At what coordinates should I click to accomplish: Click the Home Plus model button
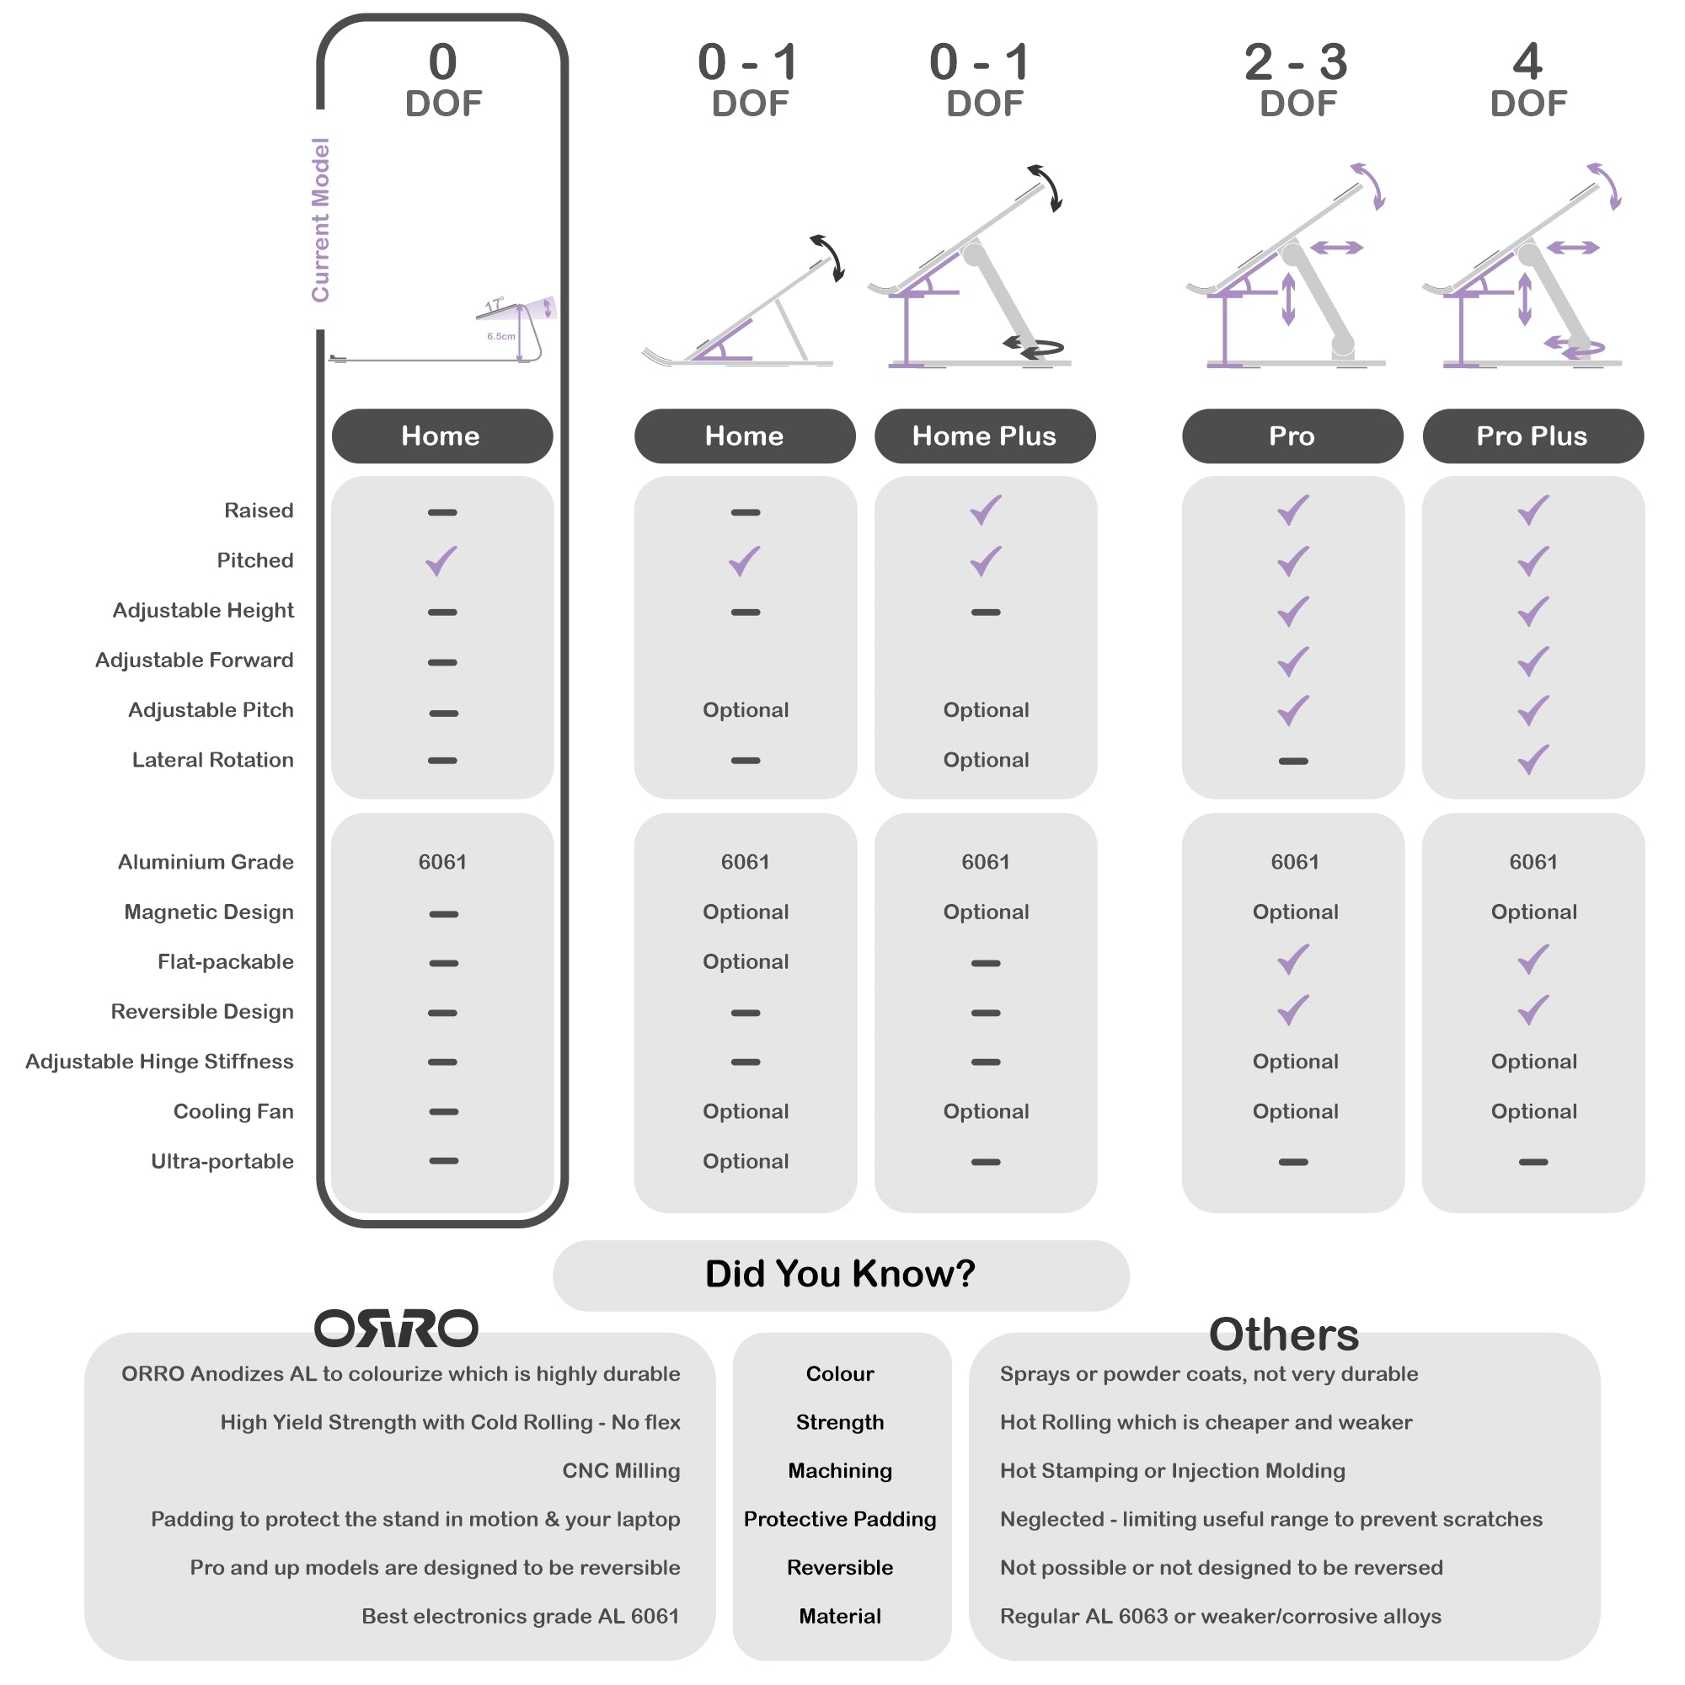pyautogui.click(x=985, y=436)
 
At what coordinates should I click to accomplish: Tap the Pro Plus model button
pyautogui.click(x=1533, y=436)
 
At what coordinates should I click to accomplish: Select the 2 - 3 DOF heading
pyautogui.click(x=1296, y=80)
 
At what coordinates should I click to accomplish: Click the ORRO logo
pyautogui.click(x=396, y=1329)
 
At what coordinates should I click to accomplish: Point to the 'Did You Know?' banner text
pyautogui.click(x=840, y=1273)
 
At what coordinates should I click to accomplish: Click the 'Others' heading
pyautogui.click(x=1284, y=1335)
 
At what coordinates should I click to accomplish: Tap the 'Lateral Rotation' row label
pyautogui.click(x=213, y=760)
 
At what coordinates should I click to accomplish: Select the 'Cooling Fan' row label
pyautogui.click(x=233, y=1111)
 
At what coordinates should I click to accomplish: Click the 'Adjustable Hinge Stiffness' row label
pyautogui.click(x=159, y=1062)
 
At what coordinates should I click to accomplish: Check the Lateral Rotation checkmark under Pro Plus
pyautogui.click(x=1533, y=760)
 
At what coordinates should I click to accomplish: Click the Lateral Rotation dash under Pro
pyautogui.click(x=1292, y=762)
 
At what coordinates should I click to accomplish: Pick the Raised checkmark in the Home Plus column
pyautogui.click(x=986, y=511)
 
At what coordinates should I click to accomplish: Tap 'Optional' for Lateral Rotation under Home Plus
pyautogui.click(x=986, y=760)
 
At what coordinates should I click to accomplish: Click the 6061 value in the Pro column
pyautogui.click(x=1295, y=862)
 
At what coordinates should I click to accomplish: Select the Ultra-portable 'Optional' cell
pyautogui.click(x=746, y=1161)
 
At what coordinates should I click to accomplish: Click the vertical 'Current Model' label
pyautogui.click(x=321, y=220)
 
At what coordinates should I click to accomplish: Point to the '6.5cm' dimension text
pyautogui.click(x=500, y=336)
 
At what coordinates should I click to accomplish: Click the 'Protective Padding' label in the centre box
pyautogui.click(x=840, y=1518)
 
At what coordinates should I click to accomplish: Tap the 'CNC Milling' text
pyautogui.click(x=621, y=1470)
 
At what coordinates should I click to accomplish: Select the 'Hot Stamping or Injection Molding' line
pyautogui.click(x=1172, y=1470)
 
